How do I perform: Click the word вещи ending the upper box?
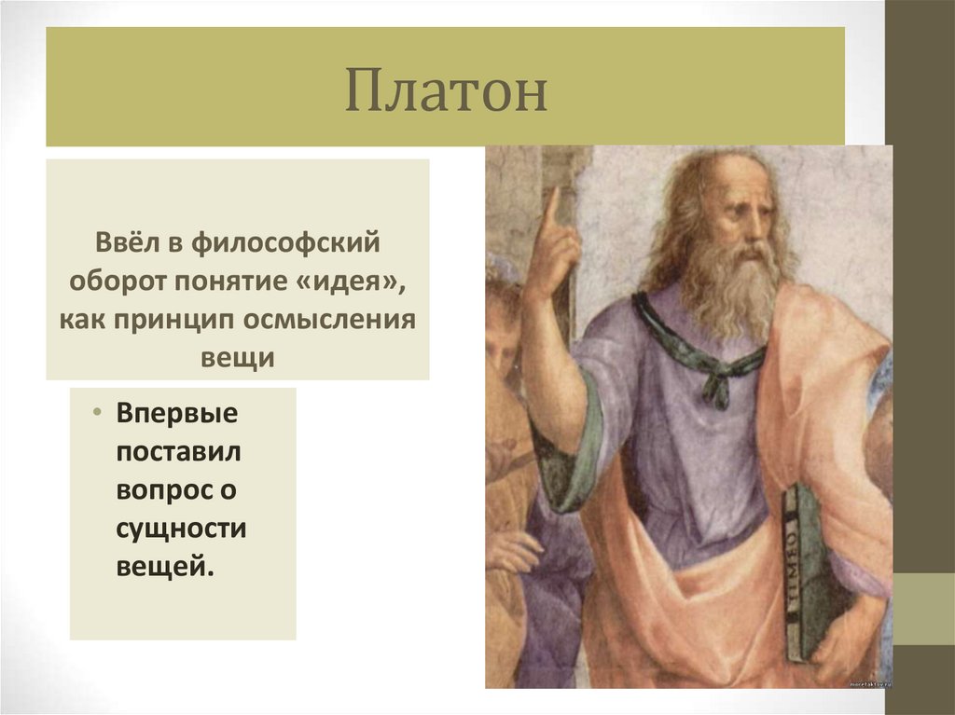pos(237,357)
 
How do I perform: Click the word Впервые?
pos(178,413)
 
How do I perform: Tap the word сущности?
pos(181,528)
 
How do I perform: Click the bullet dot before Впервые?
pos(97,412)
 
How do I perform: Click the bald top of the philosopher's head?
pos(737,168)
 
